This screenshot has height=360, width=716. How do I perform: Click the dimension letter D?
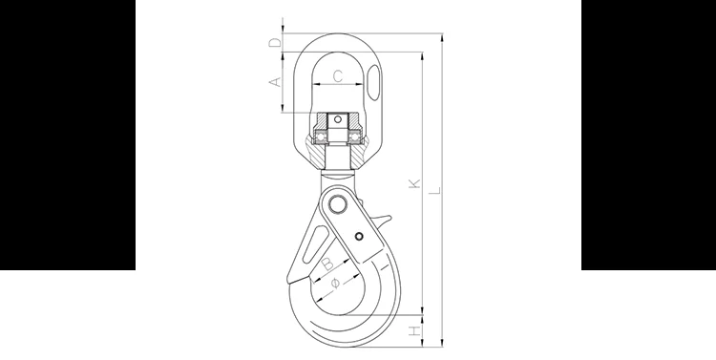(274, 42)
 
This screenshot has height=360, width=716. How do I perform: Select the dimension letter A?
(274, 82)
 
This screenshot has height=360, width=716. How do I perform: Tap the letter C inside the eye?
(337, 75)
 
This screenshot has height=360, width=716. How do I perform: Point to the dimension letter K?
(414, 183)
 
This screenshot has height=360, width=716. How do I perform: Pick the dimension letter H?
(414, 330)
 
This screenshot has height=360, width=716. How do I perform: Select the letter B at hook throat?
(327, 264)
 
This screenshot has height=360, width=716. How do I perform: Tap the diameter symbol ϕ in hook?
(335, 284)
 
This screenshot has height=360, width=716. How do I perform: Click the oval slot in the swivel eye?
(373, 83)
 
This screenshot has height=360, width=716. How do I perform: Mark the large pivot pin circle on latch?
(337, 204)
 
